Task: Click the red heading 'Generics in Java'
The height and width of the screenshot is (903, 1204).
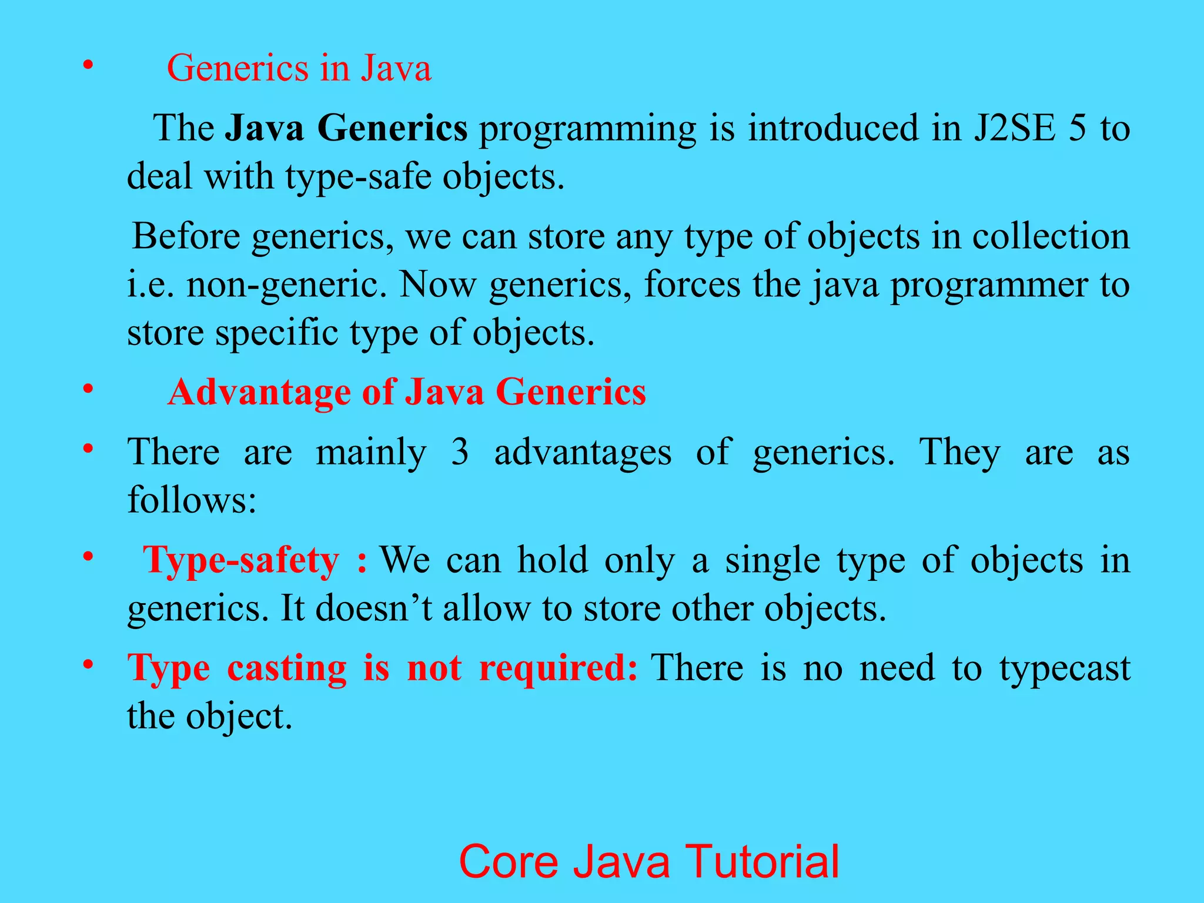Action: [299, 68]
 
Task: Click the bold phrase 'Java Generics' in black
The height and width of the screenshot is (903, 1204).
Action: [346, 128]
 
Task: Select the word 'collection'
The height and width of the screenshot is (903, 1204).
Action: [1051, 236]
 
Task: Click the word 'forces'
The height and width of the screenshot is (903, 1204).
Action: [692, 285]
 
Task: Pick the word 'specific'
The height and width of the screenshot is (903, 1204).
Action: [276, 333]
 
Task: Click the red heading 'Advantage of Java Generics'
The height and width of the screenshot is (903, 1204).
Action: [407, 392]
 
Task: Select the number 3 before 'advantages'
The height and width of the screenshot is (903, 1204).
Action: [460, 453]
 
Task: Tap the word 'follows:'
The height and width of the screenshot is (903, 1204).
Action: [192, 500]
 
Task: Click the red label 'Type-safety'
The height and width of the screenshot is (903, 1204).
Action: [242, 560]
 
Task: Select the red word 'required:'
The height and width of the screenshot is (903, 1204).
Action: [558, 668]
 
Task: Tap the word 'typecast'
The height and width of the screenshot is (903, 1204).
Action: [1065, 668]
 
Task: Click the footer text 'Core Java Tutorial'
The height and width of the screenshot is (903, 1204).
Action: [648, 861]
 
